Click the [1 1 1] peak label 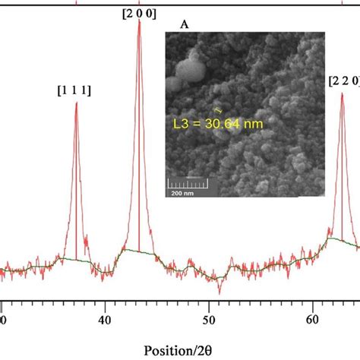[x=74, y=90]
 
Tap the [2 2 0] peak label [x=343, y=80]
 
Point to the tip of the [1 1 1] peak [x=76, y=103]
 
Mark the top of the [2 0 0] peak [x=139, y=21]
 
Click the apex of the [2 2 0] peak [x=342, y=93]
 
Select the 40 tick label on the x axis [x=105, y=321]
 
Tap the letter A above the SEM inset [x=184, y=25]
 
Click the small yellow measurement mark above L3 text [x=219, y=109]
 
